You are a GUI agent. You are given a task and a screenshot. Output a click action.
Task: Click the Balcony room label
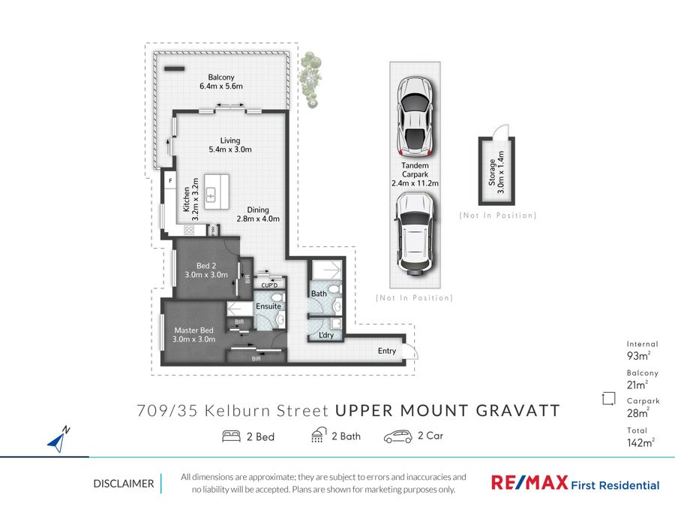coord(221,77)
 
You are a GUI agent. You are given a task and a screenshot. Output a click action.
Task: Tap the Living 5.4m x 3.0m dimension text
coord(230,149)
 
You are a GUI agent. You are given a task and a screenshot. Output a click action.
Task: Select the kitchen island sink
coord(211,195)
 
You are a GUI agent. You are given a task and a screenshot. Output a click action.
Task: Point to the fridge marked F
coord(170,180)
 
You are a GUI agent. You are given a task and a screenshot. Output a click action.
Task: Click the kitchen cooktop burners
coord(189,231)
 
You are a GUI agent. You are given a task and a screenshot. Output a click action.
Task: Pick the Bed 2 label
coord(206,266)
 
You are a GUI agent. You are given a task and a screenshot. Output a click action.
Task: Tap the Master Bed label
coord(193,330)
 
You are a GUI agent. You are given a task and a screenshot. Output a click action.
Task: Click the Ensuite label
coord(268,306)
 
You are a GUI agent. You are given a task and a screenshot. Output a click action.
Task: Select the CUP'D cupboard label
coord(269,285)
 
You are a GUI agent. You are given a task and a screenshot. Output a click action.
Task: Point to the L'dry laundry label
coord(326,335)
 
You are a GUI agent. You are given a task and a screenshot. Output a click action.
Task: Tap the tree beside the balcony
coord(310,80)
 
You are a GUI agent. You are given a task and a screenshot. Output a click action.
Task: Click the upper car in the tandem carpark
coord(415,116)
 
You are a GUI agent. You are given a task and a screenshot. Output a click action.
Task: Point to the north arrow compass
coord(58,439)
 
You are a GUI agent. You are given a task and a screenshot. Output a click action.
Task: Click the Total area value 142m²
coord(640,442)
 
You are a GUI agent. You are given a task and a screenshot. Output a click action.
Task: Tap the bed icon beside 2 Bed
coord(231,436)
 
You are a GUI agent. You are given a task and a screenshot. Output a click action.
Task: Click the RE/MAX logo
coord(529,482)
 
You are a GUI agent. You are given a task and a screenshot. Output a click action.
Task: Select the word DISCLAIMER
coord(124,484)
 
